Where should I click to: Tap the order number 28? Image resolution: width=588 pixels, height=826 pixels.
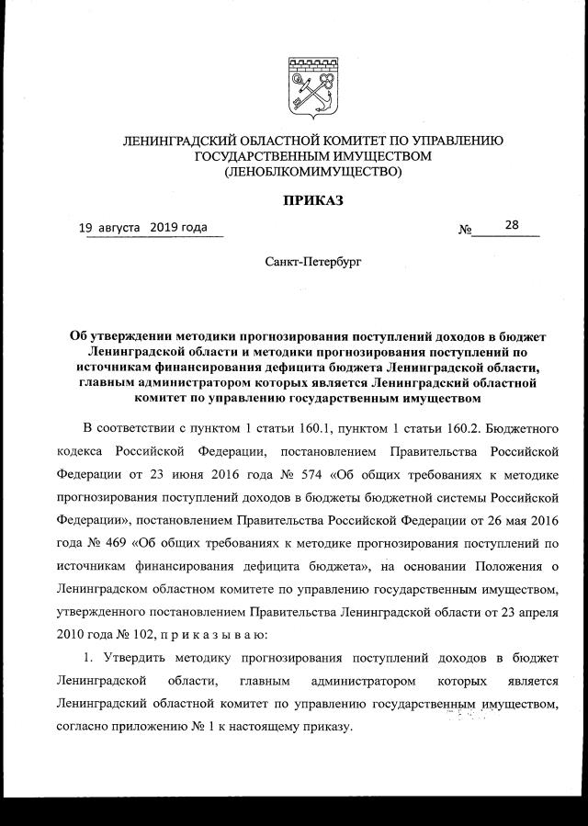click(511, 224)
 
